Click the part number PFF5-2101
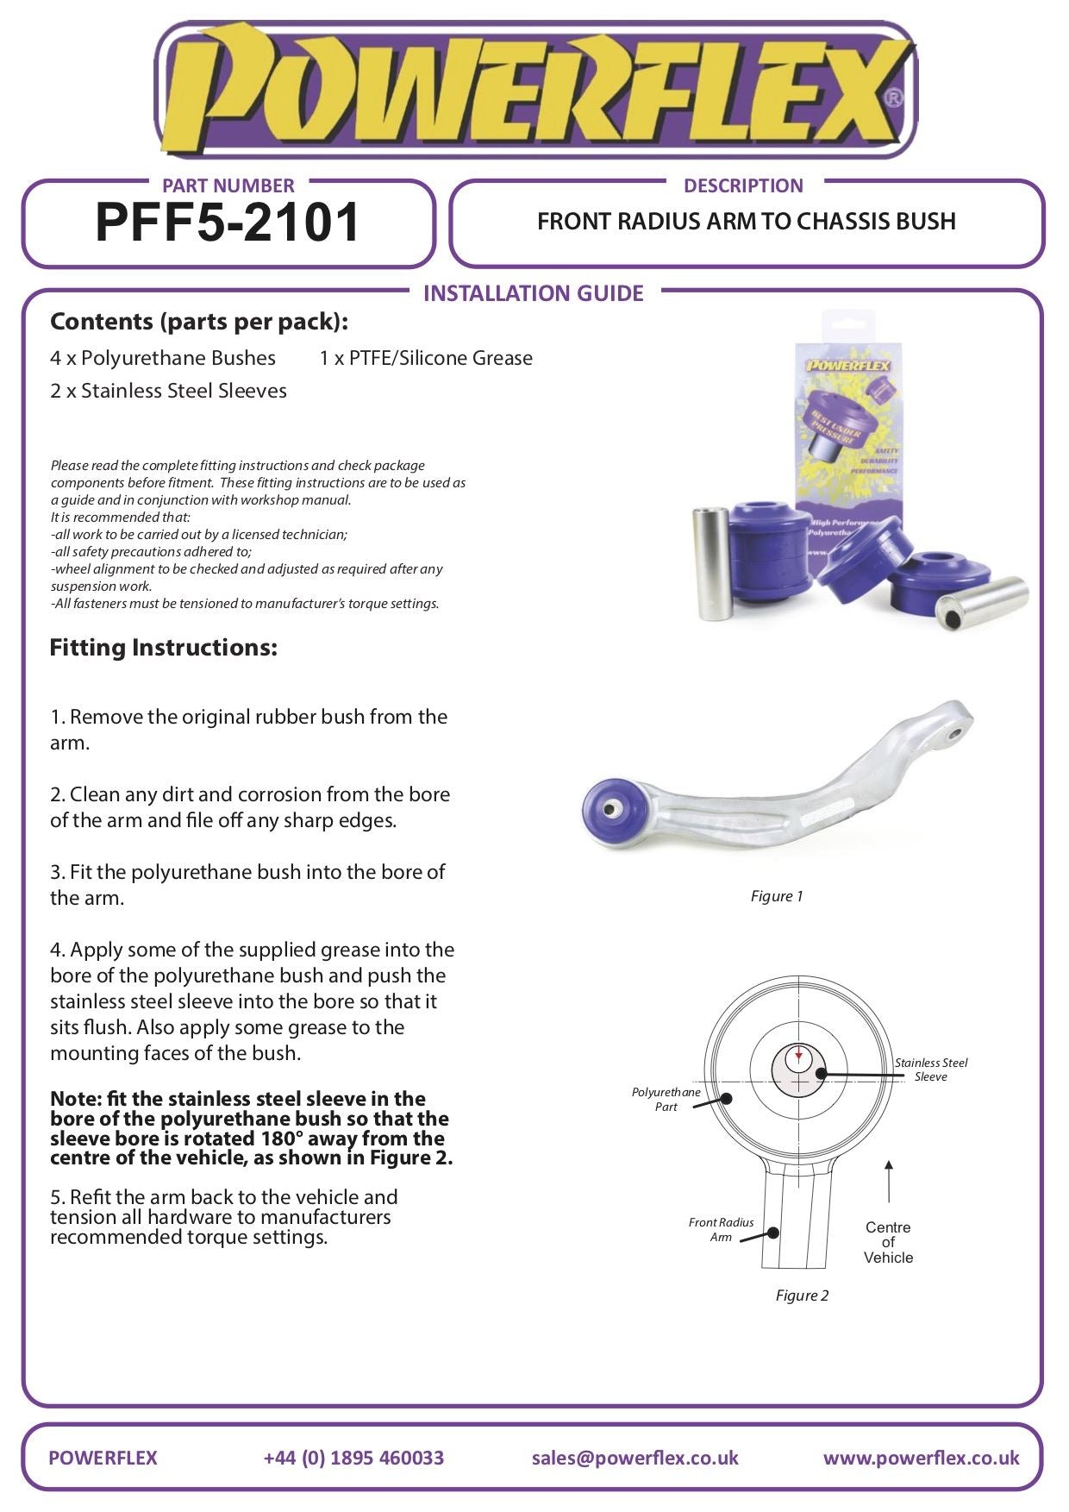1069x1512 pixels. click(228, 223)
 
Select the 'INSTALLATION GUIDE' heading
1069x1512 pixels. click(534, 293)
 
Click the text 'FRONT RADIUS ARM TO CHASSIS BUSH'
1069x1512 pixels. click(747, 222)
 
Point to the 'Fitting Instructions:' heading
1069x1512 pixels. click(164, 648)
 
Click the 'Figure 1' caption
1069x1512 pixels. click(777, 896)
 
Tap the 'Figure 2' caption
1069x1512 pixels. click(802, 1296)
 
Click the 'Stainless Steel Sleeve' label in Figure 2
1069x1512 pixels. click(931, 1070)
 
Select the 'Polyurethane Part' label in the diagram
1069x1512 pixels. click(666, 1099)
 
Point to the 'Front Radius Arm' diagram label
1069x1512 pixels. click(721, 1229)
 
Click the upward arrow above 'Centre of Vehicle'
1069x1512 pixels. click(889, 1182)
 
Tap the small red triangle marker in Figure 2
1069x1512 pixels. click(799, 1055)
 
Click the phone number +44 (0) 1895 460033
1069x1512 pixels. click(353, 1458)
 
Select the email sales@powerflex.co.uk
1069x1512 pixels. click(635, 1458)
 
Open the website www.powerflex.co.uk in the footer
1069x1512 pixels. click(921, 1458)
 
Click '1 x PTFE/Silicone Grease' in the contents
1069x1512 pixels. click(426, 358)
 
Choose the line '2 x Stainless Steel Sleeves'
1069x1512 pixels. click(168, 391)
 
